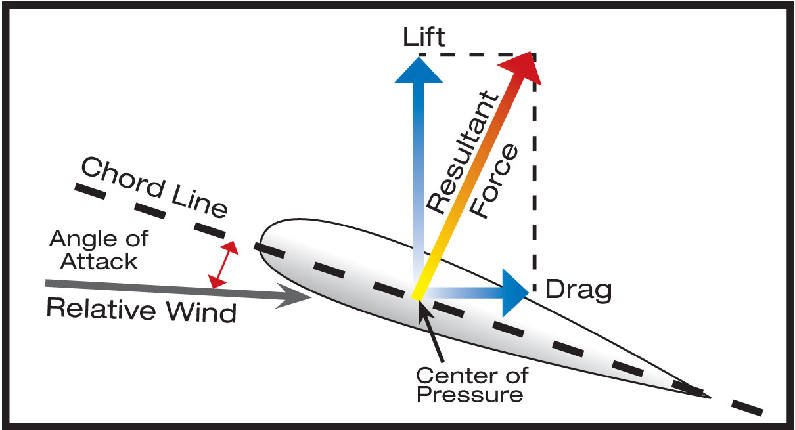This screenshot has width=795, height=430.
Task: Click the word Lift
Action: tap(424, 37)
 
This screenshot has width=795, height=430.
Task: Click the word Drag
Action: tap(579, 290)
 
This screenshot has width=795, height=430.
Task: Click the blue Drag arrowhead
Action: tap(516, 289)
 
